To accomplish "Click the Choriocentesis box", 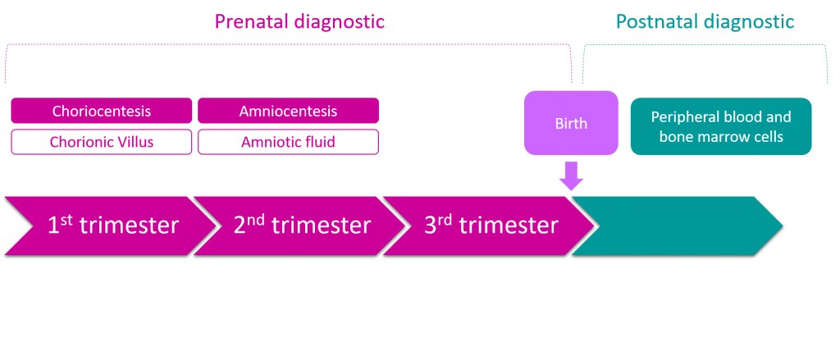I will pos(102,111).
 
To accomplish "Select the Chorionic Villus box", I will pos(102,142).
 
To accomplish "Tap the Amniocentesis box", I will pos(288,111).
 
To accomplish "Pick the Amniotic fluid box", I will pos(288,142).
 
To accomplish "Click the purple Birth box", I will pos(571,123).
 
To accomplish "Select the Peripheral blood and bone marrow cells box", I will pos(721,126).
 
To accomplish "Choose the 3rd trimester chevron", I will pos(484,226).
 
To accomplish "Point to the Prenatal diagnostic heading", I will pos(299,21).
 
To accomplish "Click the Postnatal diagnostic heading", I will pos(705,21).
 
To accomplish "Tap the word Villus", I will pos(135,142).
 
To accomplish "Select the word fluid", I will pos(317,142).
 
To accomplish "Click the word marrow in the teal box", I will pos(732,137).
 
